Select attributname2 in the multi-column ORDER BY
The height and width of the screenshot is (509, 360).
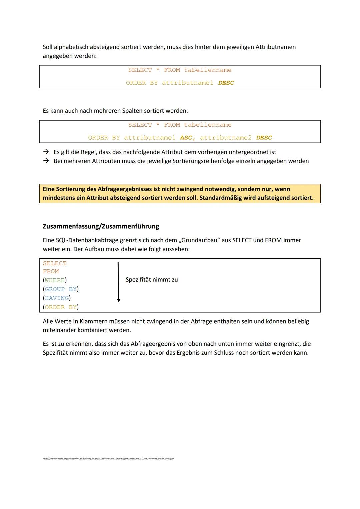[x=226, y=138]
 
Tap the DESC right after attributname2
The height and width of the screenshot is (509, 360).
[x=264, y=138]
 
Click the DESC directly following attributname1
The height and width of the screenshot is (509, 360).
[x=226, y=83]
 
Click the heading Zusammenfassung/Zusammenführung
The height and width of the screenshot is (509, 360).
[x=101, y=226]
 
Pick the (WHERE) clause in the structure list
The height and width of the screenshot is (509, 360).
[x=55, y=280]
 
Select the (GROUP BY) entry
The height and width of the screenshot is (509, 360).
[x=61, y=289]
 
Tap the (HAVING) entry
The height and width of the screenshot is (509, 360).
[x=57, y=298]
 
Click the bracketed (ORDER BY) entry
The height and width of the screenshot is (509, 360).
[x=61, y=307]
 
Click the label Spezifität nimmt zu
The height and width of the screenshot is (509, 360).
[x=152, y=280]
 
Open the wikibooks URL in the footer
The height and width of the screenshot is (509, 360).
[x=108, y=459]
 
